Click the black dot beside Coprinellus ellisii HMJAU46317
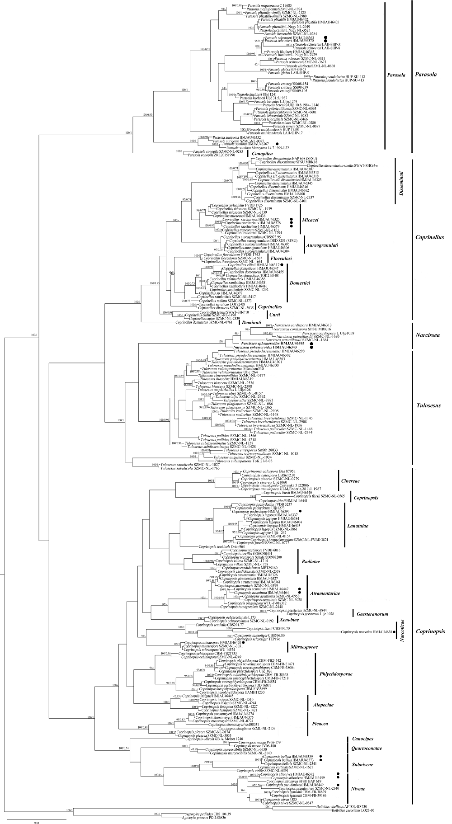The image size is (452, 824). [282, 264]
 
